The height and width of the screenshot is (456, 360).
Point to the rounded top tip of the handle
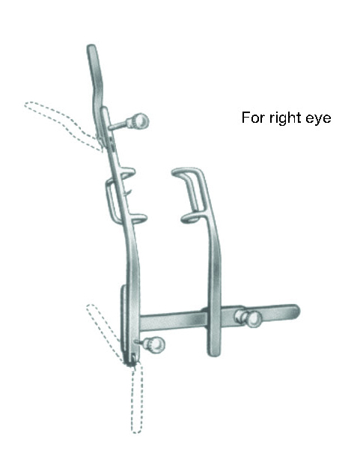[91, 47]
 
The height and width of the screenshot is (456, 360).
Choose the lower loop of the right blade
[190, 218]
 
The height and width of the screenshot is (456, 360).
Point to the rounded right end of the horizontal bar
[296, 311]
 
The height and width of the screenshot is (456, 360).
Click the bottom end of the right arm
[214, 353]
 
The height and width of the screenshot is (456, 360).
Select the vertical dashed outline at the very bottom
[137, 398]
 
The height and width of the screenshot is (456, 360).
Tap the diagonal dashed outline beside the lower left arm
[105, 332]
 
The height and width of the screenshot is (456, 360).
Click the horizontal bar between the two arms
[174, 320]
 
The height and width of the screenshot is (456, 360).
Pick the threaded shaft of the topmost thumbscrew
[119, 126]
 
